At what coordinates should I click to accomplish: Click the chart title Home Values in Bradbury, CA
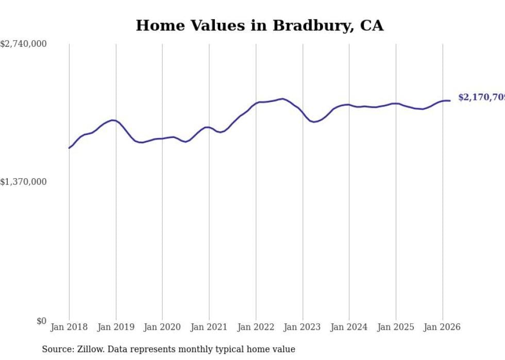pyautogui.click(x=259, y=25)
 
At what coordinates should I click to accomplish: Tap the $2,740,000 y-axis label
pyautogui.click(x=23, y=44)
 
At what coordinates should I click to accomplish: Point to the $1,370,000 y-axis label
pyautogui.click(x=23, y=182)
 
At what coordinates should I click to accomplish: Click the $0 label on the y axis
pyautogui.click(x=41, y=321)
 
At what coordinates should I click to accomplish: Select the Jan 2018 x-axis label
pyautogui.click(x=69, y=327)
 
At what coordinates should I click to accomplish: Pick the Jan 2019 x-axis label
pyautogui.click(x=116, y=327)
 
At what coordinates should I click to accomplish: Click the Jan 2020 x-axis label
pyautogui.click(x=162, y=327)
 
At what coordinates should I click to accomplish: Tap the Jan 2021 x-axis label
pyautogui.click(x=209, y=327)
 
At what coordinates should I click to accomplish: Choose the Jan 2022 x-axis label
pyautogui.click(x=256, y=327)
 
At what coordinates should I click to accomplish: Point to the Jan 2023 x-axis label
pyautogui.click(x=302, y=327)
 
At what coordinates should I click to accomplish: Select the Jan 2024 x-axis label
pyautogui.click(x=349, y=327)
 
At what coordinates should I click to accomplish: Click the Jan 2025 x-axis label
pyautogui.click(x=396, y=327)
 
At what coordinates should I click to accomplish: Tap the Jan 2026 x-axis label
pyautogui.click(x=443, y=327)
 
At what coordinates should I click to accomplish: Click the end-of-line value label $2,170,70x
pyautogui.click(x=481, y=97)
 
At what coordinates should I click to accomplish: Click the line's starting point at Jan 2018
pyautogui.click(x=69, y=148)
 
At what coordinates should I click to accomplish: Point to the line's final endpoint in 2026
pyautogui.click(x=450, y=100)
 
